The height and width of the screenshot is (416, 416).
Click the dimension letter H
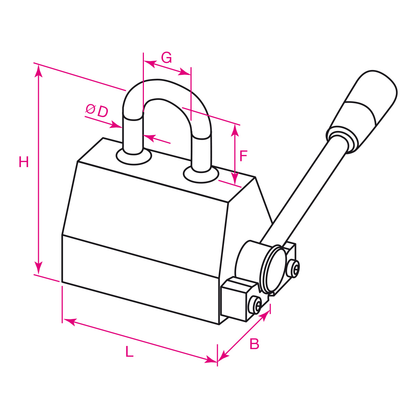pyautogui.click(x=24, y=162)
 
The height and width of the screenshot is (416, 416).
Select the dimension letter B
pyautogui.click(x=254, y=344)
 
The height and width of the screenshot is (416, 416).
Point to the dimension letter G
pyautogui.click(x=166, y=58)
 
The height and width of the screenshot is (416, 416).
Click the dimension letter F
pyautogui.click(x=243, y=156)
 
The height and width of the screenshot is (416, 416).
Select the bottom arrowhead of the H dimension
pyautogui.click(x=39, y=268)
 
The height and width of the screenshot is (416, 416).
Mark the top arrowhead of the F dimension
pyautogui.click(x=235, y=130)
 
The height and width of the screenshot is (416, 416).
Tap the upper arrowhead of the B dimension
pyautogui.click(x=265, y=315)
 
